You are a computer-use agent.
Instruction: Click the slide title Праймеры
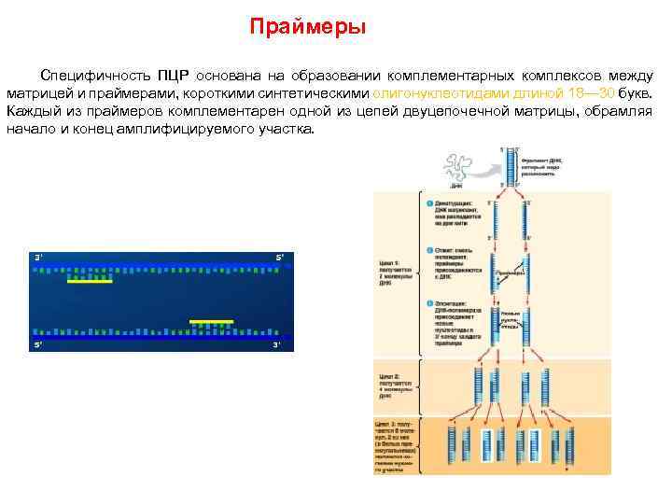point(307,27)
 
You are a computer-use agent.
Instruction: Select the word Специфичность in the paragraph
point(96,76)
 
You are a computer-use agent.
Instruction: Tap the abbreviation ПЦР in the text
point(173,76)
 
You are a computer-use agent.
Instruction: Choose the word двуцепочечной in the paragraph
point(445,111)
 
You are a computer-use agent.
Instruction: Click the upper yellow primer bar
point(90,280)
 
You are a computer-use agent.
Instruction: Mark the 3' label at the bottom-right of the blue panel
point(276,345)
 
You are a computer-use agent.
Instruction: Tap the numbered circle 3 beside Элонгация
point(429,303)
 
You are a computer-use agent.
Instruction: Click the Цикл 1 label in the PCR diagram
point(388,263)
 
